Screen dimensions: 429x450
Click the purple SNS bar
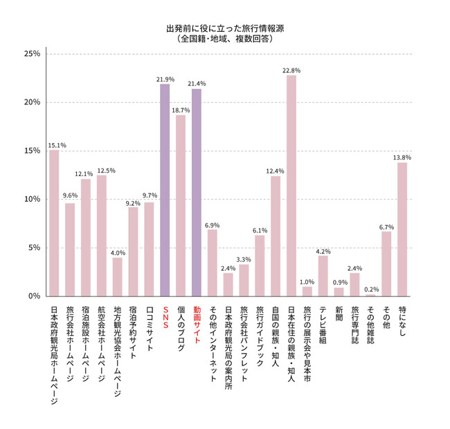[x=165, y=190]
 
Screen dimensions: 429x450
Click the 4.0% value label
[x=118, y=252]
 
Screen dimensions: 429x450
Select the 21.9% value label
[x=165, y=79]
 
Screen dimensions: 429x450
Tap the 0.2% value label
[x=371, y=289]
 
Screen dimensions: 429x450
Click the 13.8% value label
[x=402, y=158]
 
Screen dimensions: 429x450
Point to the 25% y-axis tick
[x=32, y=54]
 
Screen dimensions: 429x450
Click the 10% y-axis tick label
[x=32, y=199]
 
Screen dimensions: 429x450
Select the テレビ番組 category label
[x=323, y=324]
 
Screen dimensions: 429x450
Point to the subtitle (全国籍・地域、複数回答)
[x=224, y=40]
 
